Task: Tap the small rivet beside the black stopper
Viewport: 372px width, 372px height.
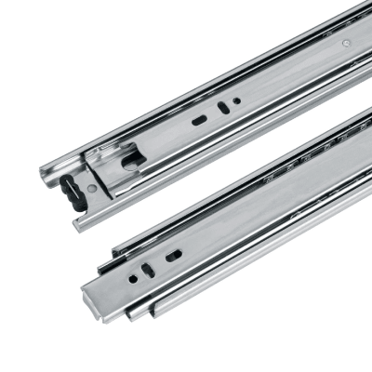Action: [91, 189]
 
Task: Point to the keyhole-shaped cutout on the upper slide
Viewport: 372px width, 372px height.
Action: [132, 160]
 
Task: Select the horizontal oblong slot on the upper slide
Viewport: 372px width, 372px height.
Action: [199, 120]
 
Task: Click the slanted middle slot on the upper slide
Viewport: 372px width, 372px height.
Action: [220, 108]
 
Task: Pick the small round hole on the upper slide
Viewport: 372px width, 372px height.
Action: [236, 100]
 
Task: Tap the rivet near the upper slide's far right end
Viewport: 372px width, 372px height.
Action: [346, 43]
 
